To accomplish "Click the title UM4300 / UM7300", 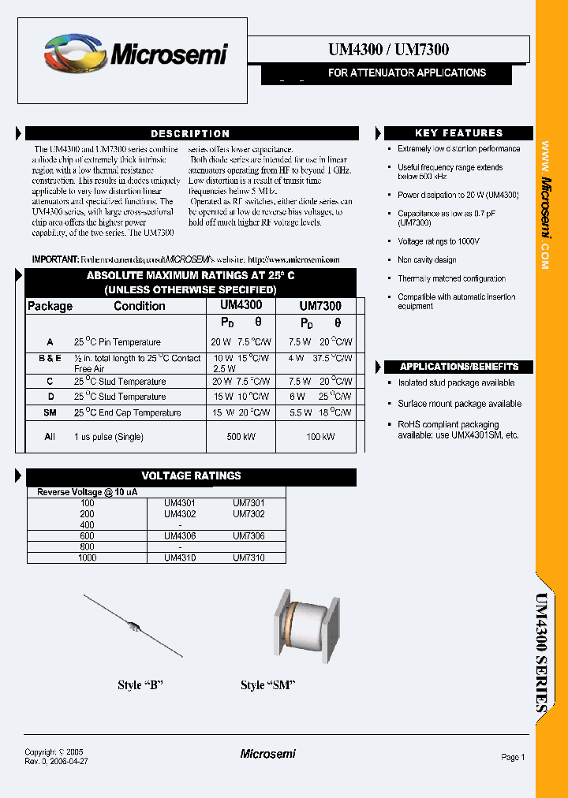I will pos(388,50).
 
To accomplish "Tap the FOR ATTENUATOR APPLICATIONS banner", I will pos(406,73).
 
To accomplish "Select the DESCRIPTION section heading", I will pos(191,134).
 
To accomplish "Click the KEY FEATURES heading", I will pos(458,133).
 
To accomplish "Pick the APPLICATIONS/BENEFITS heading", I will pos(458,367).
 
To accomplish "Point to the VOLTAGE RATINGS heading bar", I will pos(191,476).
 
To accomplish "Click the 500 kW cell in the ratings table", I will pos(241,436).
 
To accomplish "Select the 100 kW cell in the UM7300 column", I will pos(319,436).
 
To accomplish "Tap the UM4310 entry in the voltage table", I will pos(180,558).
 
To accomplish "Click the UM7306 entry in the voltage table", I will pos(248,536).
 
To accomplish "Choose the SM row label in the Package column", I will pos(50,412).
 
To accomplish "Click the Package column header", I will pos(50,306).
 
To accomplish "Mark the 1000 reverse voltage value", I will pos(87,558).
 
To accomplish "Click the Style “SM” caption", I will pos(267,685).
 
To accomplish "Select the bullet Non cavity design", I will pos(427,259).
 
